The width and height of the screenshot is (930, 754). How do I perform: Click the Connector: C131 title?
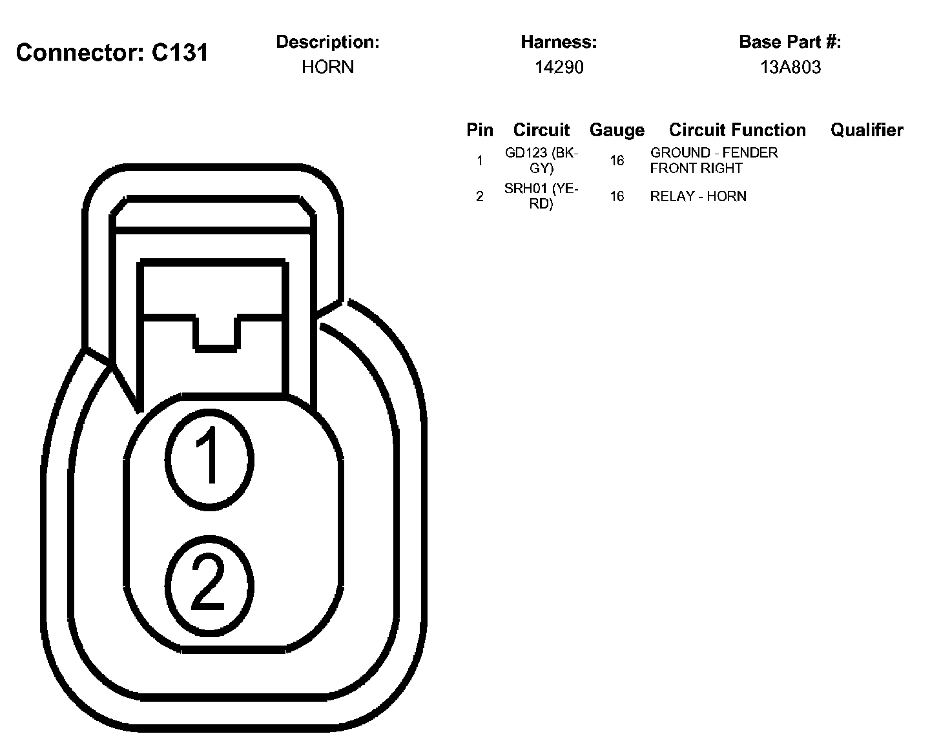coord(112,52)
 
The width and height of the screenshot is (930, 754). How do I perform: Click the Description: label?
coord(327,42)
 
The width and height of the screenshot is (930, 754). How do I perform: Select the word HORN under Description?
coord(327,67)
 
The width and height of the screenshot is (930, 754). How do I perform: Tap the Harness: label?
coord(559,42)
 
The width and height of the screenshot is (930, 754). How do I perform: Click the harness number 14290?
coord(559,67)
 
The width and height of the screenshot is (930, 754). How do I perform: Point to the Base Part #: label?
coord(790,42)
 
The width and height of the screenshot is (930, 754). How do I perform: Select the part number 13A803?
coord(790,67)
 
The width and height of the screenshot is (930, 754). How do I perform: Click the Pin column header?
coord(480,130)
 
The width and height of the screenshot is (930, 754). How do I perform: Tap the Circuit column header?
coord(541,130)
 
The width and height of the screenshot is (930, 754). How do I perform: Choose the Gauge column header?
coord(617,130)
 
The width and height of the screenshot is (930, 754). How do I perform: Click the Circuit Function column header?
coord(737,130)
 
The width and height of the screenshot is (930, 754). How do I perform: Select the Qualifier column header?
coord(867,130)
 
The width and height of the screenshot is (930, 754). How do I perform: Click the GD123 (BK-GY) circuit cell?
coord(541,160)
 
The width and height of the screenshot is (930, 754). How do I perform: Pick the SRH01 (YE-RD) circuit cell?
coord(541,196)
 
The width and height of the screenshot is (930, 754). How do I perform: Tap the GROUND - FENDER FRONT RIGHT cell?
coord(714,160)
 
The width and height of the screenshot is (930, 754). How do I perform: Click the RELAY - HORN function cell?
coord(698,196)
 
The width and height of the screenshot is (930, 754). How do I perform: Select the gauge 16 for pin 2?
coord(617,196)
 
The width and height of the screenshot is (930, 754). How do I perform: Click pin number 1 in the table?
coord(479,160)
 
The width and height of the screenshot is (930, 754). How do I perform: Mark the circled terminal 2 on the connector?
coord(209,585)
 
